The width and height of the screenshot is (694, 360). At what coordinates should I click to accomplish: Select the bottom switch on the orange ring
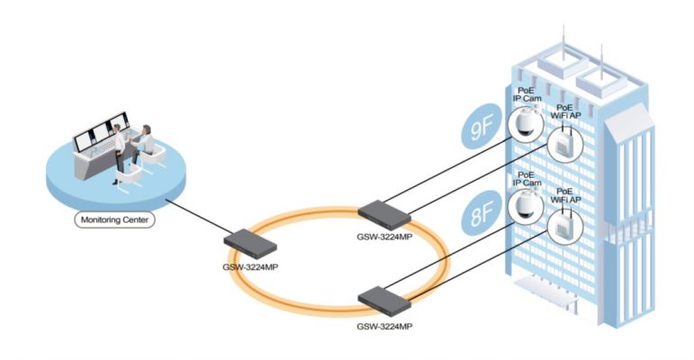(x=384, y=298)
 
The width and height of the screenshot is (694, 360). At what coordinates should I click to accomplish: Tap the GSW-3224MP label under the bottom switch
(x=385, y=325)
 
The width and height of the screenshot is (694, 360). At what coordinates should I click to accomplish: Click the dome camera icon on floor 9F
(x=524, y=125)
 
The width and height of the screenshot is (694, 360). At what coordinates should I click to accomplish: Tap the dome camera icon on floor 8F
(x=523, y=208)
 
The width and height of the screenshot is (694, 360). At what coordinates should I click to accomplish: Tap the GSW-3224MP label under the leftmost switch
(x=252, y=266)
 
